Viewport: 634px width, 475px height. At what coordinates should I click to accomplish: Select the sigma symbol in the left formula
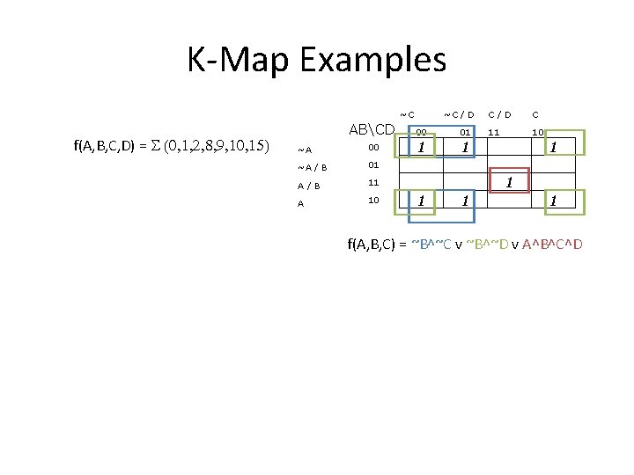click(157, 145)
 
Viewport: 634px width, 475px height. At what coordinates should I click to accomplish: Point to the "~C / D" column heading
click(459, 114)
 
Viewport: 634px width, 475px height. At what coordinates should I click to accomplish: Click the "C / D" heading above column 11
click(499, 114)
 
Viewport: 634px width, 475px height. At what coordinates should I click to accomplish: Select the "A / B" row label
click(308, 186)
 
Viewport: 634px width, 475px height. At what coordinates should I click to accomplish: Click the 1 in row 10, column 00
click(423, 201)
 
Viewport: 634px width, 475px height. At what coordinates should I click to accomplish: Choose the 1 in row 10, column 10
click(552, 201)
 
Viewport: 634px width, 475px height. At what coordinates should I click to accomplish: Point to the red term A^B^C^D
click(552, 244)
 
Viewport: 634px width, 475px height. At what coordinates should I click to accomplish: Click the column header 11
click(494, 132)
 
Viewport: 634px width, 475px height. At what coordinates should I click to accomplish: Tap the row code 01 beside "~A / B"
click(373, 164)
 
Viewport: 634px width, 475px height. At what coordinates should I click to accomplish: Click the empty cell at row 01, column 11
click(507, 164)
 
